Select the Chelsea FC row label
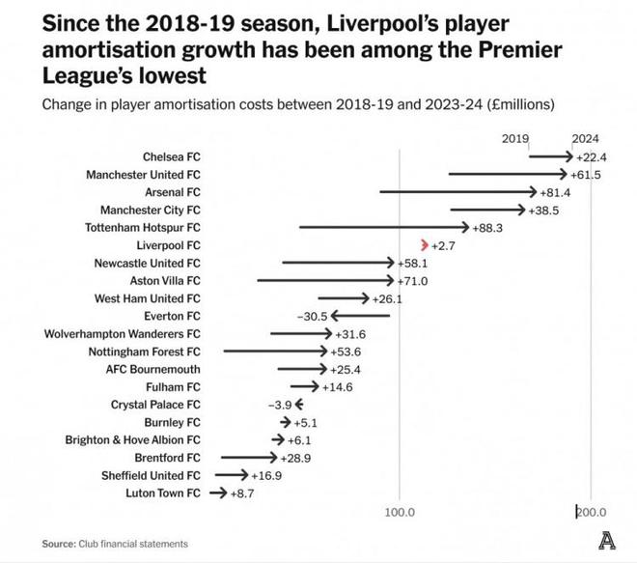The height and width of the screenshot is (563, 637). coord(171,156)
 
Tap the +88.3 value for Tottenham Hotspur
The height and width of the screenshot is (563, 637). coord(487,227)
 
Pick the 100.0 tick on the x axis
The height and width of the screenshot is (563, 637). coord(399,512)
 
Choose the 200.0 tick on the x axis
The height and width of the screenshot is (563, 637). coord(591,512)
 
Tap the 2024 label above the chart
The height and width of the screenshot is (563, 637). coord(585,138)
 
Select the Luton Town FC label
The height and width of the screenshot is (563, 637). coord(163,493)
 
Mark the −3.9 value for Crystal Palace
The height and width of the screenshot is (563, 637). coord(280,405)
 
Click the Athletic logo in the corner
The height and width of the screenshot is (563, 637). coord(607,543)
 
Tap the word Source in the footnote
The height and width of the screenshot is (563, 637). coord(58,544)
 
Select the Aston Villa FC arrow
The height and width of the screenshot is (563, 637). coord(326,280)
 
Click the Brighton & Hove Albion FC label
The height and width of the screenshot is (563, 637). coord(133,439)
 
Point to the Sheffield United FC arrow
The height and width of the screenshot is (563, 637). coord(232,475)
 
